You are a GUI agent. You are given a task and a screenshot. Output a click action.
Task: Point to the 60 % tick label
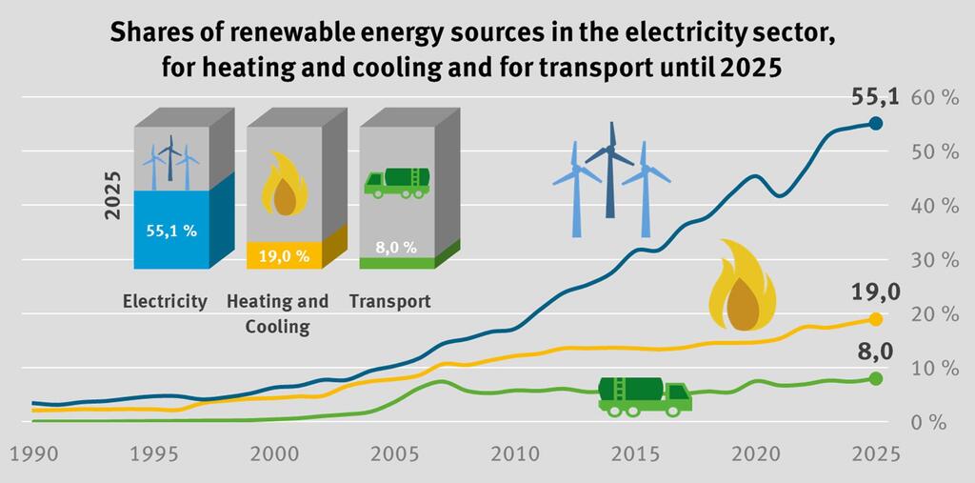point(934,98)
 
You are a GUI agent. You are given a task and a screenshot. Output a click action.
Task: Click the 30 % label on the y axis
point(934,260)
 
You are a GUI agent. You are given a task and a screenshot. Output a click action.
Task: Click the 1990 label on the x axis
point(30,453)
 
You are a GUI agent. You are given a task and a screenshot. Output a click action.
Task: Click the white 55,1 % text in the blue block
point(171,231)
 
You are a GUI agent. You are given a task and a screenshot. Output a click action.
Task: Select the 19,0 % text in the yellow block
point(284,255)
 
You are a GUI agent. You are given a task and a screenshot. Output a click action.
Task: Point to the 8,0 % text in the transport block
point(396,247)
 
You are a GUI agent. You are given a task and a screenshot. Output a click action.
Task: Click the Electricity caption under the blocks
point(165,301)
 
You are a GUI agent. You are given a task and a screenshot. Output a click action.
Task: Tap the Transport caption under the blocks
point(389,301)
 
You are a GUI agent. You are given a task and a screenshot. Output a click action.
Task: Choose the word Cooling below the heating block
point(277,327)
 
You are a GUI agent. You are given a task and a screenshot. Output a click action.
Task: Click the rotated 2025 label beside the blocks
point(112,195)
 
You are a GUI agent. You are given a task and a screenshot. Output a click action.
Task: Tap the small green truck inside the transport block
point(396,182)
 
